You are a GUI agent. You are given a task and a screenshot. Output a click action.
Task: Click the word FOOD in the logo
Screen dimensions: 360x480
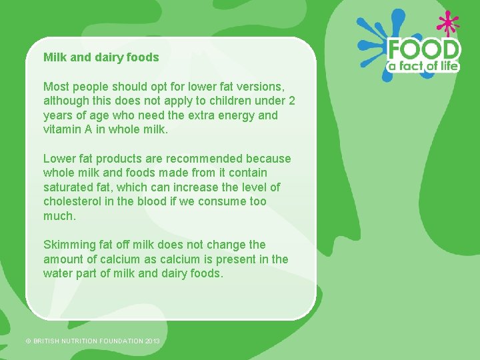pos(424,50)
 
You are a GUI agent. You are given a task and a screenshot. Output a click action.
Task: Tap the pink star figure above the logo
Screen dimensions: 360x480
pos(447,23)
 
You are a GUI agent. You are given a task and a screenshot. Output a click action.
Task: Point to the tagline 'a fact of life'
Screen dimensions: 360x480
pos(424,66)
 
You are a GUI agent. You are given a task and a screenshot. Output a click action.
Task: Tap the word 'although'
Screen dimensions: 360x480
pos(65,101)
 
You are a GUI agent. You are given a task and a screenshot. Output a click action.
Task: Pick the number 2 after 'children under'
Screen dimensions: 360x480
pos(291,101)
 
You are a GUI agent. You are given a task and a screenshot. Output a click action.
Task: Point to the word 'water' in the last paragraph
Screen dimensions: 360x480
pos(58,273)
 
